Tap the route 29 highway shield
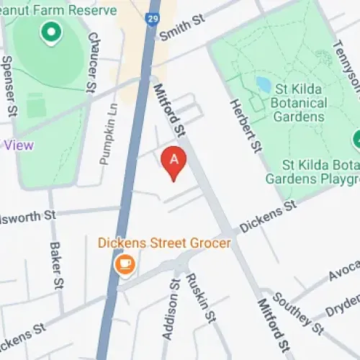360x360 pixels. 152,18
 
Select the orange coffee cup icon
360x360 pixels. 125,265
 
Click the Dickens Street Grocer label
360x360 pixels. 165,243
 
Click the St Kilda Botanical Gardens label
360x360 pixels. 305,102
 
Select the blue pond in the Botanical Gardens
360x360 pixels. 264,85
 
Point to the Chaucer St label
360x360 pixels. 91,62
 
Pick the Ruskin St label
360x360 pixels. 201,297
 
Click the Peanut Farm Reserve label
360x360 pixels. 60,11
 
